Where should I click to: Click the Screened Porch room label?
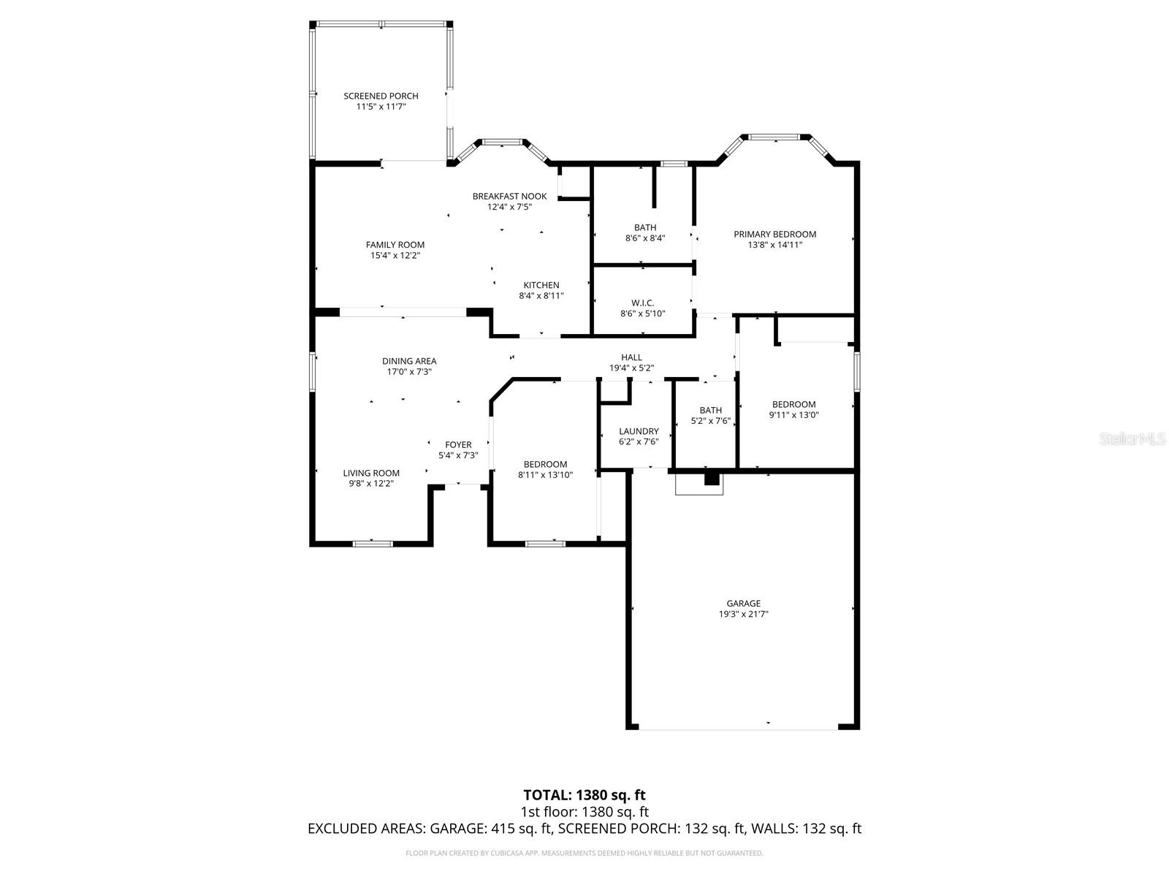point(381,96)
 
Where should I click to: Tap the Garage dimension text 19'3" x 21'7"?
point(743,614)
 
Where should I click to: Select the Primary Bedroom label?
point(774,234)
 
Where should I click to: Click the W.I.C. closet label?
point(642,303)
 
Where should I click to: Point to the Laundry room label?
point(639,431)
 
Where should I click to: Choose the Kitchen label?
point(541,285)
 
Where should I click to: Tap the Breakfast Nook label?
point(509,196)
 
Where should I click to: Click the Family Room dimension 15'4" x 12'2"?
point(395,256)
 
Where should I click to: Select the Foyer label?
point(458,444)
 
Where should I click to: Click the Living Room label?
point(371,473)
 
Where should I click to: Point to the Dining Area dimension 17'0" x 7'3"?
point(409,372)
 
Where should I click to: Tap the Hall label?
point(631,357)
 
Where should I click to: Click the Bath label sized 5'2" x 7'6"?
point(710,410)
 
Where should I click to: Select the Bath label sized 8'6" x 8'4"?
point(645,227)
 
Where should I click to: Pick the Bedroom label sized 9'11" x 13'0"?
point(793,404)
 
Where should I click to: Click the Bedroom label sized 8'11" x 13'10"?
point(545,464)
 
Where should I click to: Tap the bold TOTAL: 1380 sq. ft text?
point(584,794)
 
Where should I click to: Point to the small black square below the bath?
point(711,479)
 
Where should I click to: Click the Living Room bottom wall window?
point(373,543)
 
